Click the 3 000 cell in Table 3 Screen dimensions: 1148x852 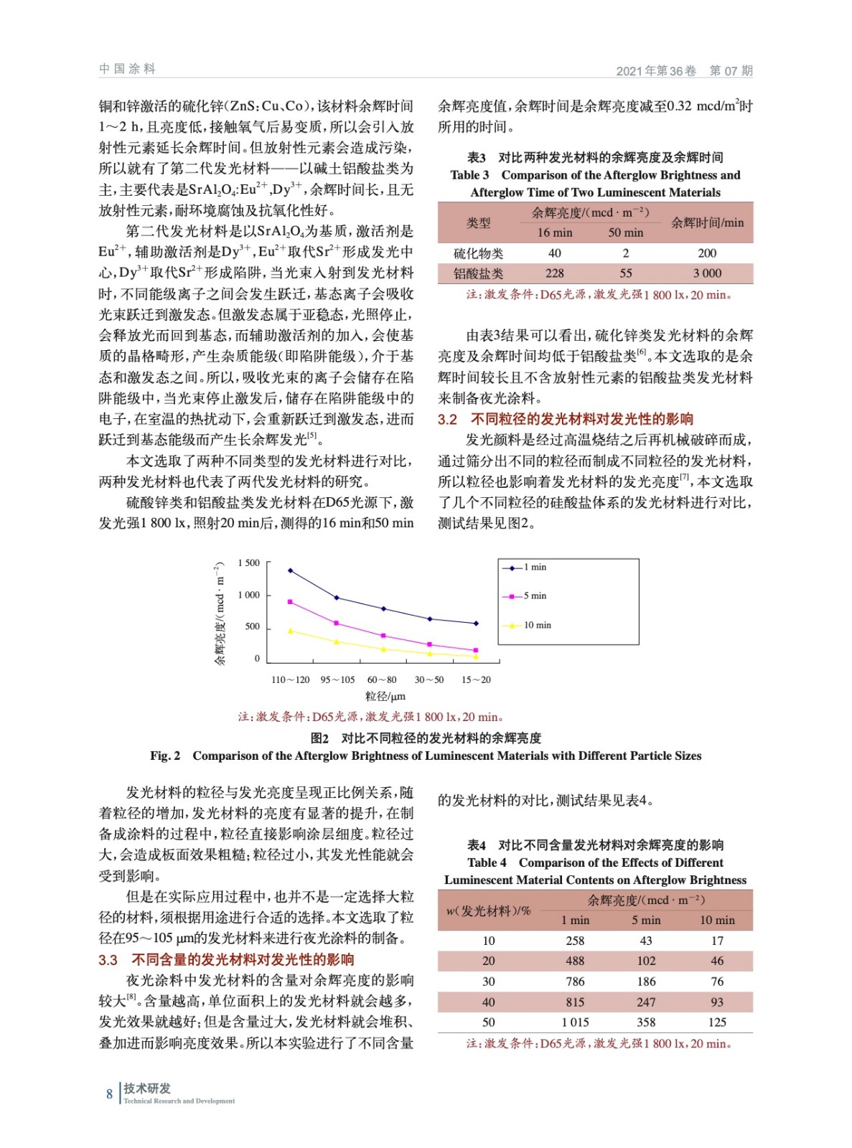(706, 273)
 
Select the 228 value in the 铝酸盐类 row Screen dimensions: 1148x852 (554, 273)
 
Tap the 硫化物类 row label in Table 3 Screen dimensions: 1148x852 (478, 253)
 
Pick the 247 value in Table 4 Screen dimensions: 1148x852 (645, 1002)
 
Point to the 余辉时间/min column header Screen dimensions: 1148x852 (706, 222)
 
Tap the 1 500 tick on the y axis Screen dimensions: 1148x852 (249, 563)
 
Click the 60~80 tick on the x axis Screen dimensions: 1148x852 (382, 679)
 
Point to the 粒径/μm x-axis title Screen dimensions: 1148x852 (385, 696)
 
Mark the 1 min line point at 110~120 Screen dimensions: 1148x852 (290, 570)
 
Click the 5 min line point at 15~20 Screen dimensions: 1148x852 (476, 650)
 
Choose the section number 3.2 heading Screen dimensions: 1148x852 (447, 419)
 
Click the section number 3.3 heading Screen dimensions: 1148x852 (108, 960)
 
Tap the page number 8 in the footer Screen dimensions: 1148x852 (110, 1093)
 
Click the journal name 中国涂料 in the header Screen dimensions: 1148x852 (127, 69)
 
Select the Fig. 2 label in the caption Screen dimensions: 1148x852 (165, 756)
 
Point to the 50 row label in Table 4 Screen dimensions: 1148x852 (488, 1022)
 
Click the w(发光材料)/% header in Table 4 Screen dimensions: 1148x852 (488, 911)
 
